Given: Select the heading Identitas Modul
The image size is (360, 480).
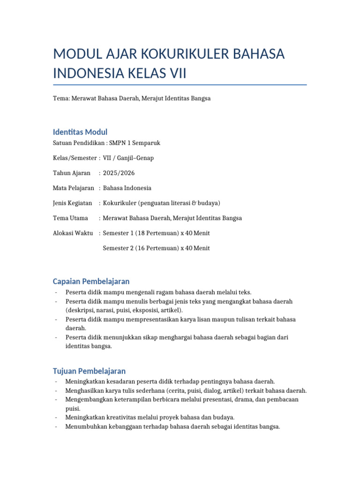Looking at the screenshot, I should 80,132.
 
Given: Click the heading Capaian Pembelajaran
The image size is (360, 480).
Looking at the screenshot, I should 91,281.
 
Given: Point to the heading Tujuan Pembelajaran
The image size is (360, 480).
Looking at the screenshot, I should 89,371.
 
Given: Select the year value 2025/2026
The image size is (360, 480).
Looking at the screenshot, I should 119,173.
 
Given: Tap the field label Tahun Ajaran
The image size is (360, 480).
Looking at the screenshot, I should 72,173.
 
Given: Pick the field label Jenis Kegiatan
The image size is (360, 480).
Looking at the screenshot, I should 73,203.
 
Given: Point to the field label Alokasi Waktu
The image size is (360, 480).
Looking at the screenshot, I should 73,233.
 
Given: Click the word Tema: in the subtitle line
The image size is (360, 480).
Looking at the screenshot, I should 61,98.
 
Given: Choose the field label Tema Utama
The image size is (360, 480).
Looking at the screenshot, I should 71,218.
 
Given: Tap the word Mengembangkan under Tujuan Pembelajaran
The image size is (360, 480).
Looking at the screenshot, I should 88,399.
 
